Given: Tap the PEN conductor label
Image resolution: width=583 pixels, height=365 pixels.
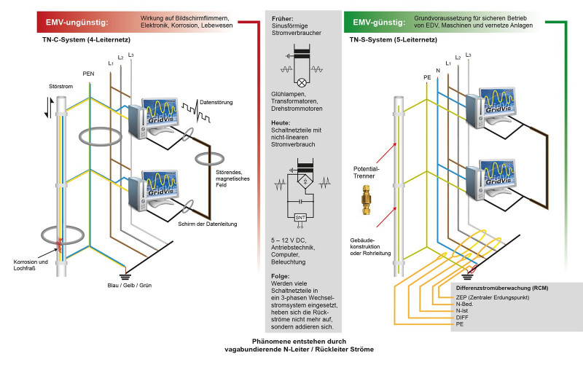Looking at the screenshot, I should coord(89,74).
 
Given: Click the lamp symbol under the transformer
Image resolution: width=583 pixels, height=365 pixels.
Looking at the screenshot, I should coord(300,82).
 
